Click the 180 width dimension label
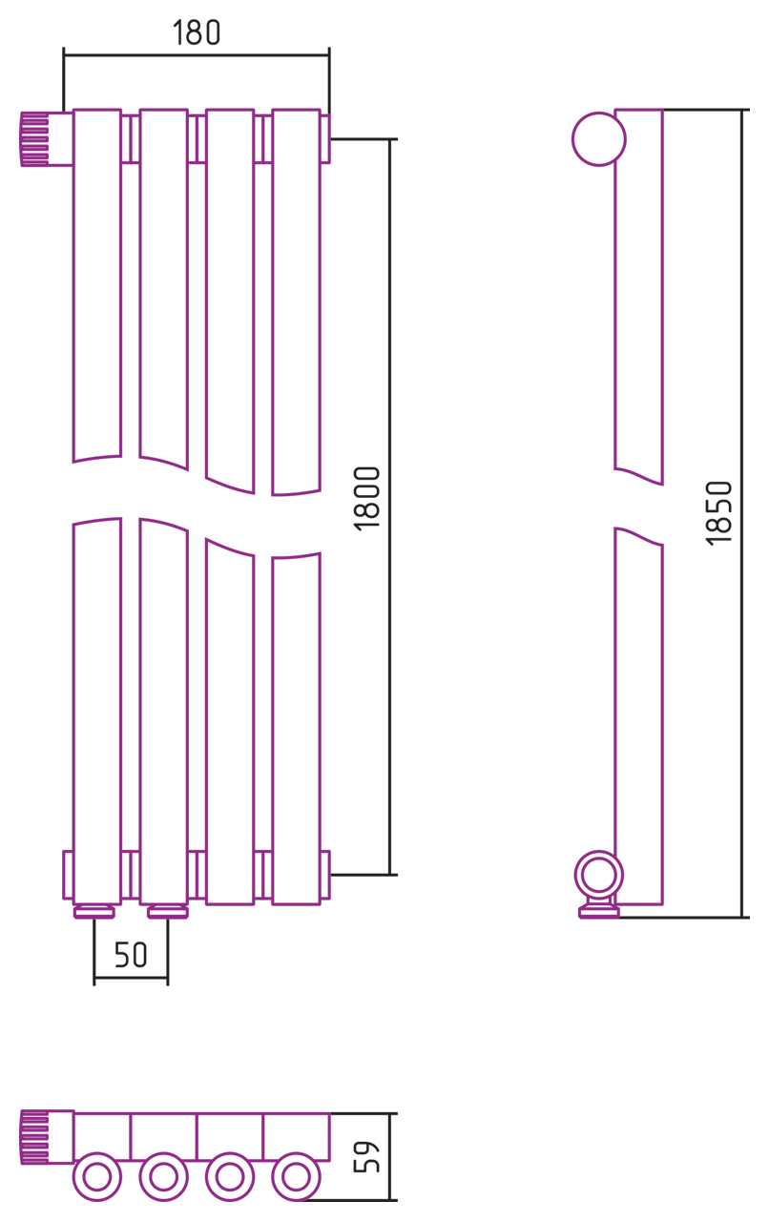[x=197, y=32]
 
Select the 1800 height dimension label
[x=367, y=498]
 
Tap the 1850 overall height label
[x=718, y=512]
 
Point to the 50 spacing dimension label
[x=131, y=955]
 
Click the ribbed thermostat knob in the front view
[x=35, y=139]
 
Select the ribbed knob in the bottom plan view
[x=35, y=1138]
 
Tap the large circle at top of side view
[x=599, y=139]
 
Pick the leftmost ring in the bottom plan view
[x=97, y=1177]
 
